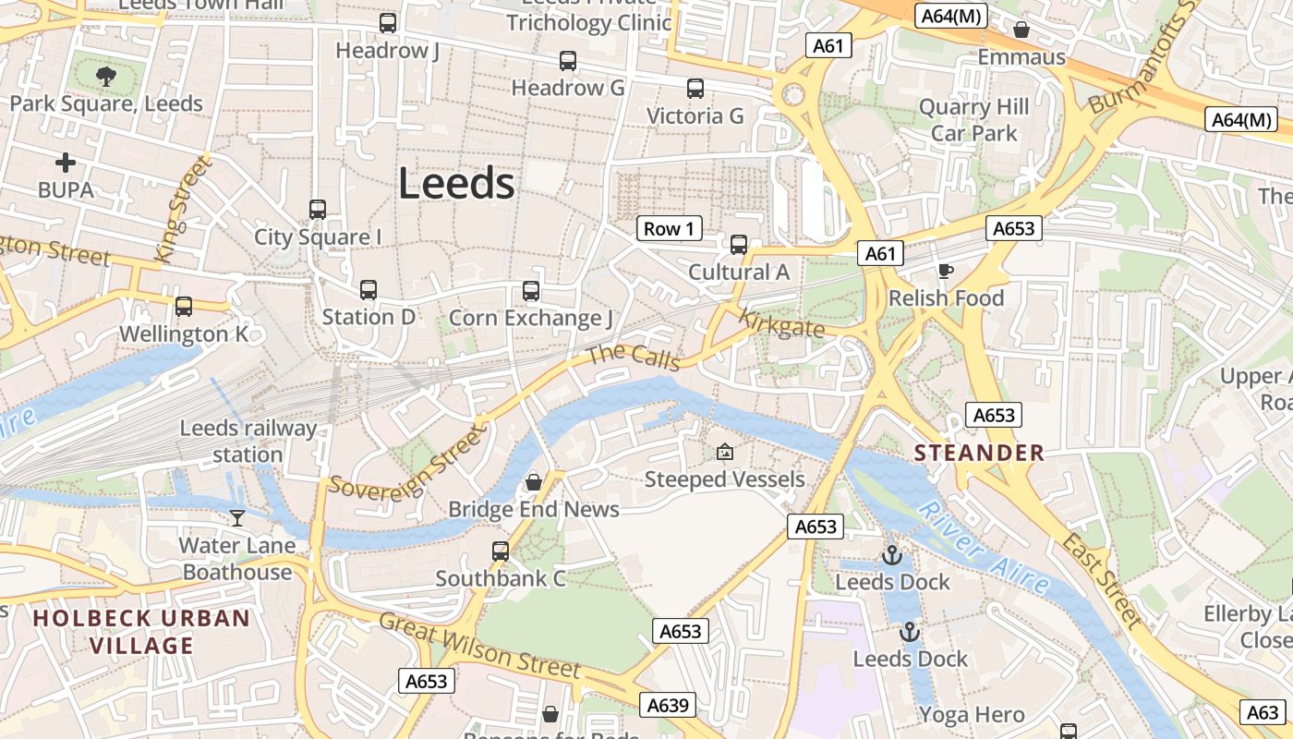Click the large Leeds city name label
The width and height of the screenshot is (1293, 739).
456,184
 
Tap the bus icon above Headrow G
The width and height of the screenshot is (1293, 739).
568,61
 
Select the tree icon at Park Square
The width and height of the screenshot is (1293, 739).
106,76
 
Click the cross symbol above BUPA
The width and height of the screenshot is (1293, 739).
66,163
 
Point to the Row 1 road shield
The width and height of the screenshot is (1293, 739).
669,229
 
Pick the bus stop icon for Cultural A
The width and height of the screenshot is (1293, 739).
739,245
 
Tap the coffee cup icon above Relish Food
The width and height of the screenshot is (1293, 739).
945,271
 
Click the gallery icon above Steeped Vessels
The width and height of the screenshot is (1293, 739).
725,452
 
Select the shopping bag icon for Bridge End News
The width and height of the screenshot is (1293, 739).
534,482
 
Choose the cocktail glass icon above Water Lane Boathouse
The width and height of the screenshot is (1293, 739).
237,518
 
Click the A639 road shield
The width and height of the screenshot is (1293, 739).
668,705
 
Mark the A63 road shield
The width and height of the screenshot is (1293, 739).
1263,712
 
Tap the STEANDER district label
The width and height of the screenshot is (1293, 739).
979,453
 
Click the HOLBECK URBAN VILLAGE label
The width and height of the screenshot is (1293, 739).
142,632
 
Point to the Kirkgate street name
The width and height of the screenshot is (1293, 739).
782,325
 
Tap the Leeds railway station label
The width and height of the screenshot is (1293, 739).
248,442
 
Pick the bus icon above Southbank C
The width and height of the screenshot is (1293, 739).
501,551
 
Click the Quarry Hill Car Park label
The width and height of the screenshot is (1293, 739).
973,120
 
